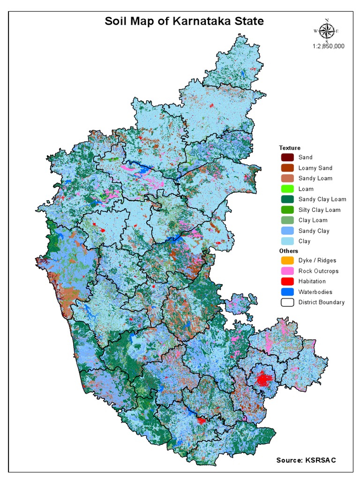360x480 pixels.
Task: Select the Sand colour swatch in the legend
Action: coord(287,157)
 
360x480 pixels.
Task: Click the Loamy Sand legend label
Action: coord(315,168)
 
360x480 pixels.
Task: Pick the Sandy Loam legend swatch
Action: coord(287,178)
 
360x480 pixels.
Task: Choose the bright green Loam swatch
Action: coord(287,189)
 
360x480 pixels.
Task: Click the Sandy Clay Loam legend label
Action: coord(322,199)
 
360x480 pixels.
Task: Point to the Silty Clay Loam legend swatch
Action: coord(287,210)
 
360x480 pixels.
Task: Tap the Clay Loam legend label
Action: coord(313,220)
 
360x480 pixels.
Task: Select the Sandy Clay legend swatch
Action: coord(287,231)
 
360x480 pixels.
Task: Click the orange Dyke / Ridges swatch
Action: coord(287,260)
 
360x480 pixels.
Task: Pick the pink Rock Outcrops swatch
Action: coord(287,271)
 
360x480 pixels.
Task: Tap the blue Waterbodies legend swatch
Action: coord(287,292)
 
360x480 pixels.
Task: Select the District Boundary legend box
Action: coord(287,302)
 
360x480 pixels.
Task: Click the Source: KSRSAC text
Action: coord(306,460)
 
